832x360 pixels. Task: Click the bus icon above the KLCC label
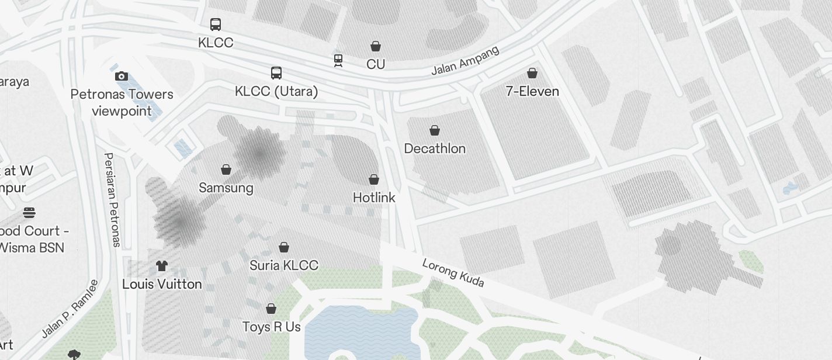(x=216, y=25)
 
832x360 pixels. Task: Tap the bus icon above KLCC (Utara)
(x=276, y=73)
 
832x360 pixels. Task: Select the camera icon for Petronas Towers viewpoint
(x=122, y=76)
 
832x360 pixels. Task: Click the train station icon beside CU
(x=338, y=60)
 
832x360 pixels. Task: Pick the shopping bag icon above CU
(x=376, y=46)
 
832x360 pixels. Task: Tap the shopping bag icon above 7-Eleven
(x=532, y=73)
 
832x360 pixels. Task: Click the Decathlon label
(x=435, y=148)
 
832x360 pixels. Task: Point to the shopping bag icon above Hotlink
(x=374, y=179)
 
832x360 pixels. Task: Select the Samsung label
(x=226, y=188)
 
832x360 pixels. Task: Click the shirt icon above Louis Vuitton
(x=162, y=266)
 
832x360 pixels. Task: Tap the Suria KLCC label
(x=284, y=265)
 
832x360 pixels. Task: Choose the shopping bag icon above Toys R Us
(x=271, y=308)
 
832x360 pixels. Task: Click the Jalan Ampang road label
(x=465, y=61)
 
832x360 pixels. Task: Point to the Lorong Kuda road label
(x=453, y=273)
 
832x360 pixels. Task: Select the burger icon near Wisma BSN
(x=29, y=212)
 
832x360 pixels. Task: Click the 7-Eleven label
(x=532, y=91)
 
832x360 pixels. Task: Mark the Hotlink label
(x=374, y=198)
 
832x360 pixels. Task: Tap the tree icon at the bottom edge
(x=74, y=354)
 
